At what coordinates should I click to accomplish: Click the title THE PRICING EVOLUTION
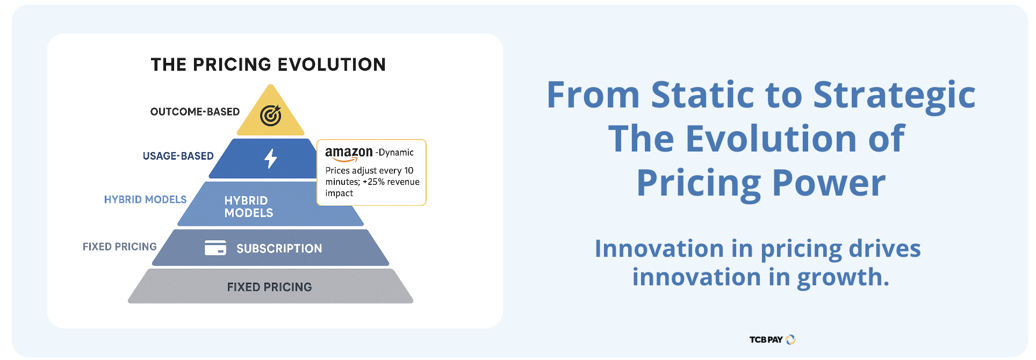(x=268, y=64)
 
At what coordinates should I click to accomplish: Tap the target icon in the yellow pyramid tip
(x=271, y=115)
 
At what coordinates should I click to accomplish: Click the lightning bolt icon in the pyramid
(x=270, y=159)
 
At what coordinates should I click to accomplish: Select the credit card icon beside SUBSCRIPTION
(x=215, y=248)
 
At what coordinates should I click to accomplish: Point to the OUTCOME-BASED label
(x=195, y=112)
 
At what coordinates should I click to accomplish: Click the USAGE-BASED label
(x=178, y=156)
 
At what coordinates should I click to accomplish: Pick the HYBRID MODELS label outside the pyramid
(x=145, y=199)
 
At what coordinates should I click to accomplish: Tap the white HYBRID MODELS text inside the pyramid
(x=249, y=207)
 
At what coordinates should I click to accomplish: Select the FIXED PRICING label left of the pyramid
(x=120, y=247)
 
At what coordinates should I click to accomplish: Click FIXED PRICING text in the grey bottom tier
(x=269, y=287)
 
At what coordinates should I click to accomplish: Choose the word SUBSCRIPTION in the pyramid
(x=279, y=248)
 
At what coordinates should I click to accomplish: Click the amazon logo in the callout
(x=349, y=154)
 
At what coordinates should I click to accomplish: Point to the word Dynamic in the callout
(x=396, y=153)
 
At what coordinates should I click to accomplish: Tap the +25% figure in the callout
(x=374, y=182)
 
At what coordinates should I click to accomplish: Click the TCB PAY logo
(x=773, y=340)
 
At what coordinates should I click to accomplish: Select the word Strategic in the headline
(x=894, y=96)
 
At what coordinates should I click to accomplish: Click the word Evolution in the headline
(x=771, y=139)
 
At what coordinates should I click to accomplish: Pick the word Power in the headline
(x=829, y=183)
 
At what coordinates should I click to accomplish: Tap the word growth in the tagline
(x=843, y=278)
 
